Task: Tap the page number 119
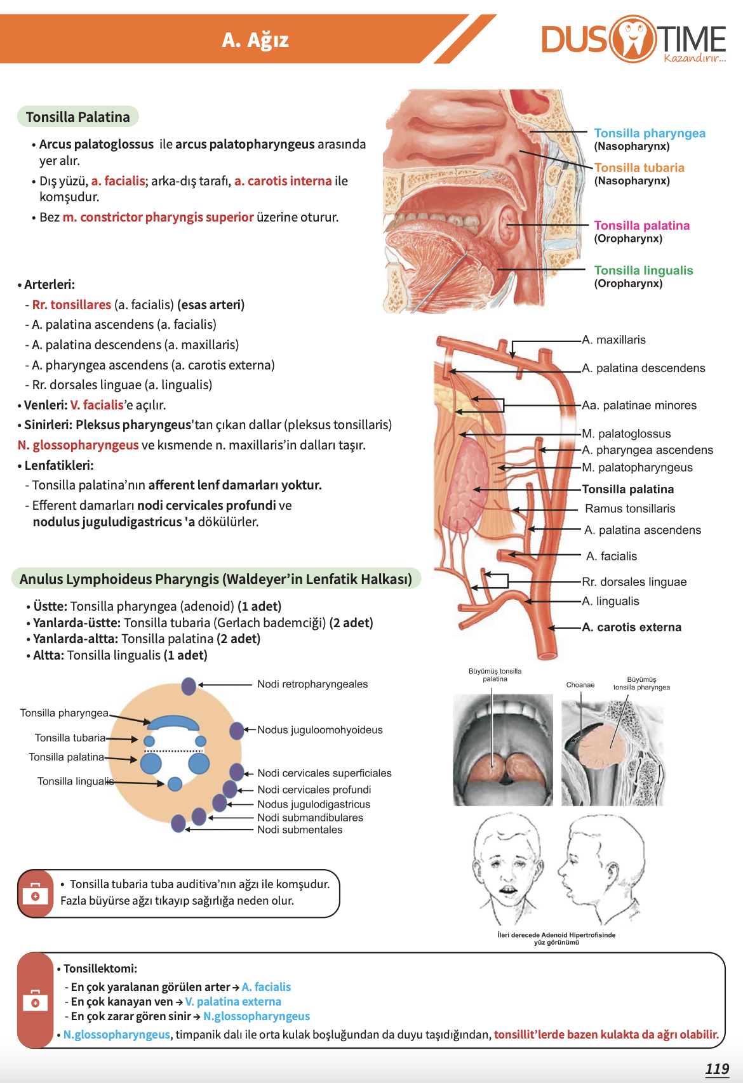tap(717, 1069)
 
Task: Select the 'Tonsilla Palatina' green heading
tap(77, 117)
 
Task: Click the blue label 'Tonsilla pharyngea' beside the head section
tap(649, 133)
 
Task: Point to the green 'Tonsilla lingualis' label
tap(643, 270)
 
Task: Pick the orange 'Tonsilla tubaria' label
tap(639, 168)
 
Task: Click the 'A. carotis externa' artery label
tap(631, 627)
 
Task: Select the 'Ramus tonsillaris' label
tap(629, 508)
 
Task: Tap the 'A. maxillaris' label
tap(613, 340)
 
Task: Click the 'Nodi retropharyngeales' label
tap(312, 684)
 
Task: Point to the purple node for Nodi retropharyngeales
tap(189, 686)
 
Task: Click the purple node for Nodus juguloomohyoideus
tap(236, 731)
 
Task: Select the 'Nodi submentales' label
tap(300, 830)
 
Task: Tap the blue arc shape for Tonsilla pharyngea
tap(173, 722)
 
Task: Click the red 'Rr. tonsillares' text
tap(72, 305)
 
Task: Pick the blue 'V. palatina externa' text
tap(233, 1001)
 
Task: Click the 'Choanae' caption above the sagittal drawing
tap(580, 685)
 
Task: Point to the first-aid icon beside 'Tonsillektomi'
tap(35, 1001)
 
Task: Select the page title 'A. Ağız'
tap(255, 40)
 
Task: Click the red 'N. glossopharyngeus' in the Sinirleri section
tap(78, 445)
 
